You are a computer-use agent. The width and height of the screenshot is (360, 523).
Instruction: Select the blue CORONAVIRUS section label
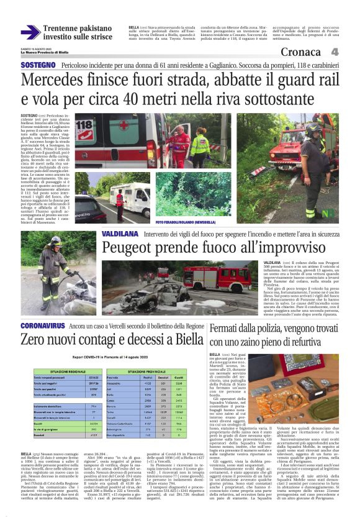(42, 325)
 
